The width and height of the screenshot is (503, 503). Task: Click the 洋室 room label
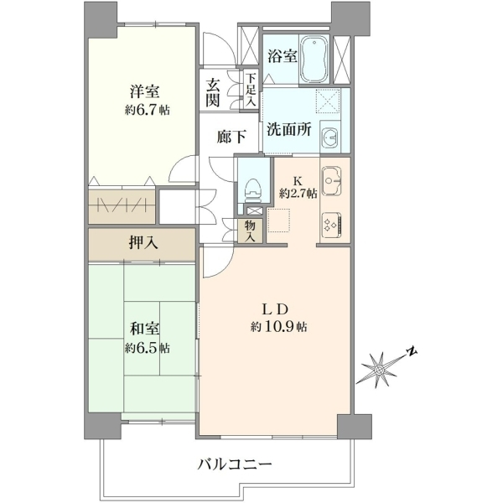coord(144,91)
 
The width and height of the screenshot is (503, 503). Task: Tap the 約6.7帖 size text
coord(148,111)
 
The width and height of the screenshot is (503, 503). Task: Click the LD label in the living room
coord(274,309)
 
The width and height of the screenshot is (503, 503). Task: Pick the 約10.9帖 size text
coord(278,327)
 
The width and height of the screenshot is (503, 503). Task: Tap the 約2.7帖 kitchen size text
coord(298,193)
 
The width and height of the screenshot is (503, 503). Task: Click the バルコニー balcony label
coord(235,464)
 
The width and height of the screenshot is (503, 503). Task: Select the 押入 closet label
coord(143,243)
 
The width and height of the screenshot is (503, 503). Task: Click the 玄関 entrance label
coord(213,92)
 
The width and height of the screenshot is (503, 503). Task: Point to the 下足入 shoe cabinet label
coord(251,90)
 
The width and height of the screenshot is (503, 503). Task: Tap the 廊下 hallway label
coord(231,137)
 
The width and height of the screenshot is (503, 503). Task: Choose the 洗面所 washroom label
coord(289,129)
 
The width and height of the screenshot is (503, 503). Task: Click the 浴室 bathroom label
coord(283,56)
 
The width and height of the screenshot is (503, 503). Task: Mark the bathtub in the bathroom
coord(314,60)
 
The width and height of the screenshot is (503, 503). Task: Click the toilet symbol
coord(253,190)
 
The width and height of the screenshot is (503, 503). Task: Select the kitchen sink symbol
coord(332,180)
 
